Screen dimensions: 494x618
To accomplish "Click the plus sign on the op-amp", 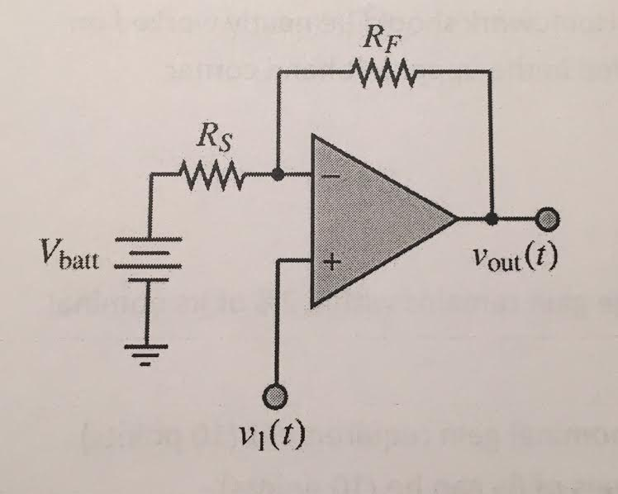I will pos(328,264).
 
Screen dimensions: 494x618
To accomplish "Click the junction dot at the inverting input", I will pos(278,175).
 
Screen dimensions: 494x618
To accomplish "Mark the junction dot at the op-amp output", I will pos(492,220).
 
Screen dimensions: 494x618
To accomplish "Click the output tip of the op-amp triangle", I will pos(457,220).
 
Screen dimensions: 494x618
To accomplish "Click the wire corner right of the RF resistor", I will pos(492,72).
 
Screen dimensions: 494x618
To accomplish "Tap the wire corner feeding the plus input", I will pos(278,264).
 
